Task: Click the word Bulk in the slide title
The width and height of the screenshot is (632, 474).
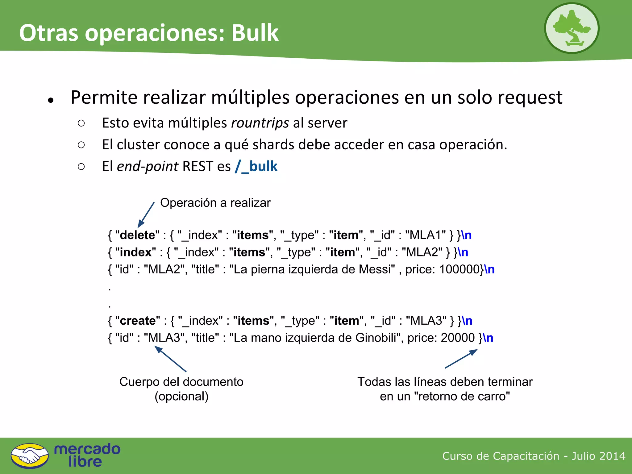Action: pyautogui.click(x=255, y=33)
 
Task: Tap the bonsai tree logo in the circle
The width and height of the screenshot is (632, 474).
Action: pyautogui.click(x=572, y=28)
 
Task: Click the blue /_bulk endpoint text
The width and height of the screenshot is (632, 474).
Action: pyautogui.click(x=256, y=166)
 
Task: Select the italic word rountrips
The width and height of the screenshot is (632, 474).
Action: pyautogui.click(x=260, y=123)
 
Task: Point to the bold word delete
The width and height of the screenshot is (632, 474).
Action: pyautogui.click(x=137, y=235)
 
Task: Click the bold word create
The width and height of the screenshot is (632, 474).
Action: pyautogui.click(x=138, y=321)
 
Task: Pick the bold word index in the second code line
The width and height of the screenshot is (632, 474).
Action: pyautogui.click(x=135, y=252)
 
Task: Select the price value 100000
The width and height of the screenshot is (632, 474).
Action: pyautogui.click(x=459, y=269)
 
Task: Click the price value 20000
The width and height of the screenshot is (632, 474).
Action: pyautogui.click(x=457, y=338)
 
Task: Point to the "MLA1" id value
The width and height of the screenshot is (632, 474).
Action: pyautogui.click(x=426, y=235)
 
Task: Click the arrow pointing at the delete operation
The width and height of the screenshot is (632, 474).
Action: pyautogui.click(x=146, y=215)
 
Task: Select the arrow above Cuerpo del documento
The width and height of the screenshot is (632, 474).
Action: pyautogui.click(x=170, y=359)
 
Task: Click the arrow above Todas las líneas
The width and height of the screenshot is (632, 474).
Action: pyautogui.click(x=461, y=359)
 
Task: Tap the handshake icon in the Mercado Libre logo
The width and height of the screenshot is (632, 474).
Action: pyautogui.click(x=30, y=456)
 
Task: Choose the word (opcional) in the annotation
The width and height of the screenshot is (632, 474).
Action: pyautogui.click(x=181, y=397)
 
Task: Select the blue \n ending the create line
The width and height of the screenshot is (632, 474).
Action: pyautogui.click(x=467, y=321)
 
